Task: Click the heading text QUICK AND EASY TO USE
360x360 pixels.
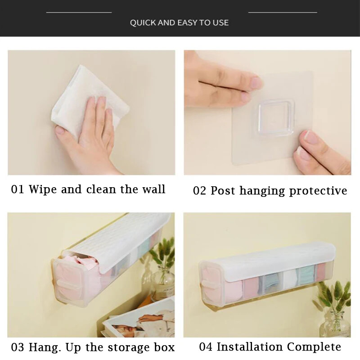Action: tap(179, 22)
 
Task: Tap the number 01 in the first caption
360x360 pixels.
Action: tap(18, 189)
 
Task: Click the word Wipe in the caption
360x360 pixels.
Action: tap(42, 189)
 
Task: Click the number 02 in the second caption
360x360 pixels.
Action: tap(199, 190)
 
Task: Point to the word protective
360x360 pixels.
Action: tap(318, 191)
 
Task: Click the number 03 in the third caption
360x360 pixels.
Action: tap(18, 347)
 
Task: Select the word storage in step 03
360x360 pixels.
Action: tap(129, 347)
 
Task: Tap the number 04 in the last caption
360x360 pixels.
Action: tap(206, 346)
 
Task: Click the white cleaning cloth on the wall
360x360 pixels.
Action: tap(90, 101)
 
